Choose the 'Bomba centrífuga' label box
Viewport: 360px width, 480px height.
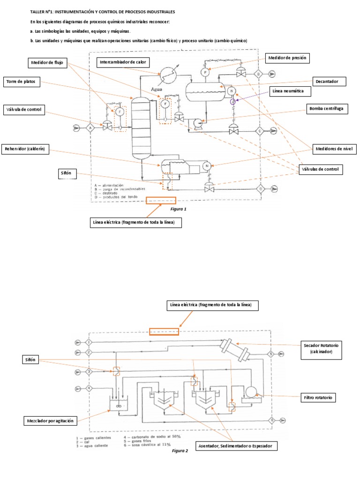(x=326, y=109)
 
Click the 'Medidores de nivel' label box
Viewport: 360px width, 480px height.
(x=335, y=149)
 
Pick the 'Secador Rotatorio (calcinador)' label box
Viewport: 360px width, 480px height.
(x=321, y=348)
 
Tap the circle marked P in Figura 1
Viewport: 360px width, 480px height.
(x=204, y=72)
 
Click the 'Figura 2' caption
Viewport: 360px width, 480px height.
(x=180, y=450)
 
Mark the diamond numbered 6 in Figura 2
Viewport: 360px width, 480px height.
(x=271, y=420)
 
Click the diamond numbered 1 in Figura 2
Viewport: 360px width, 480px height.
(x=89, y=343)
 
